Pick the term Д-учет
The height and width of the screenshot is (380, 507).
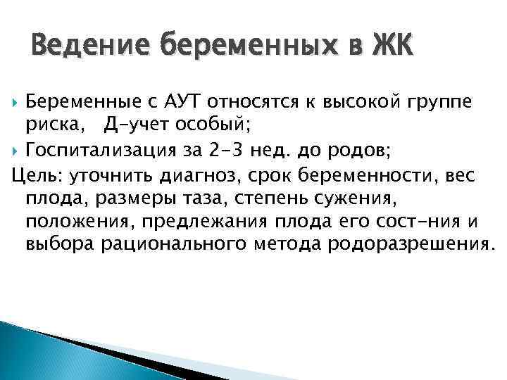tap(134, 127)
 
